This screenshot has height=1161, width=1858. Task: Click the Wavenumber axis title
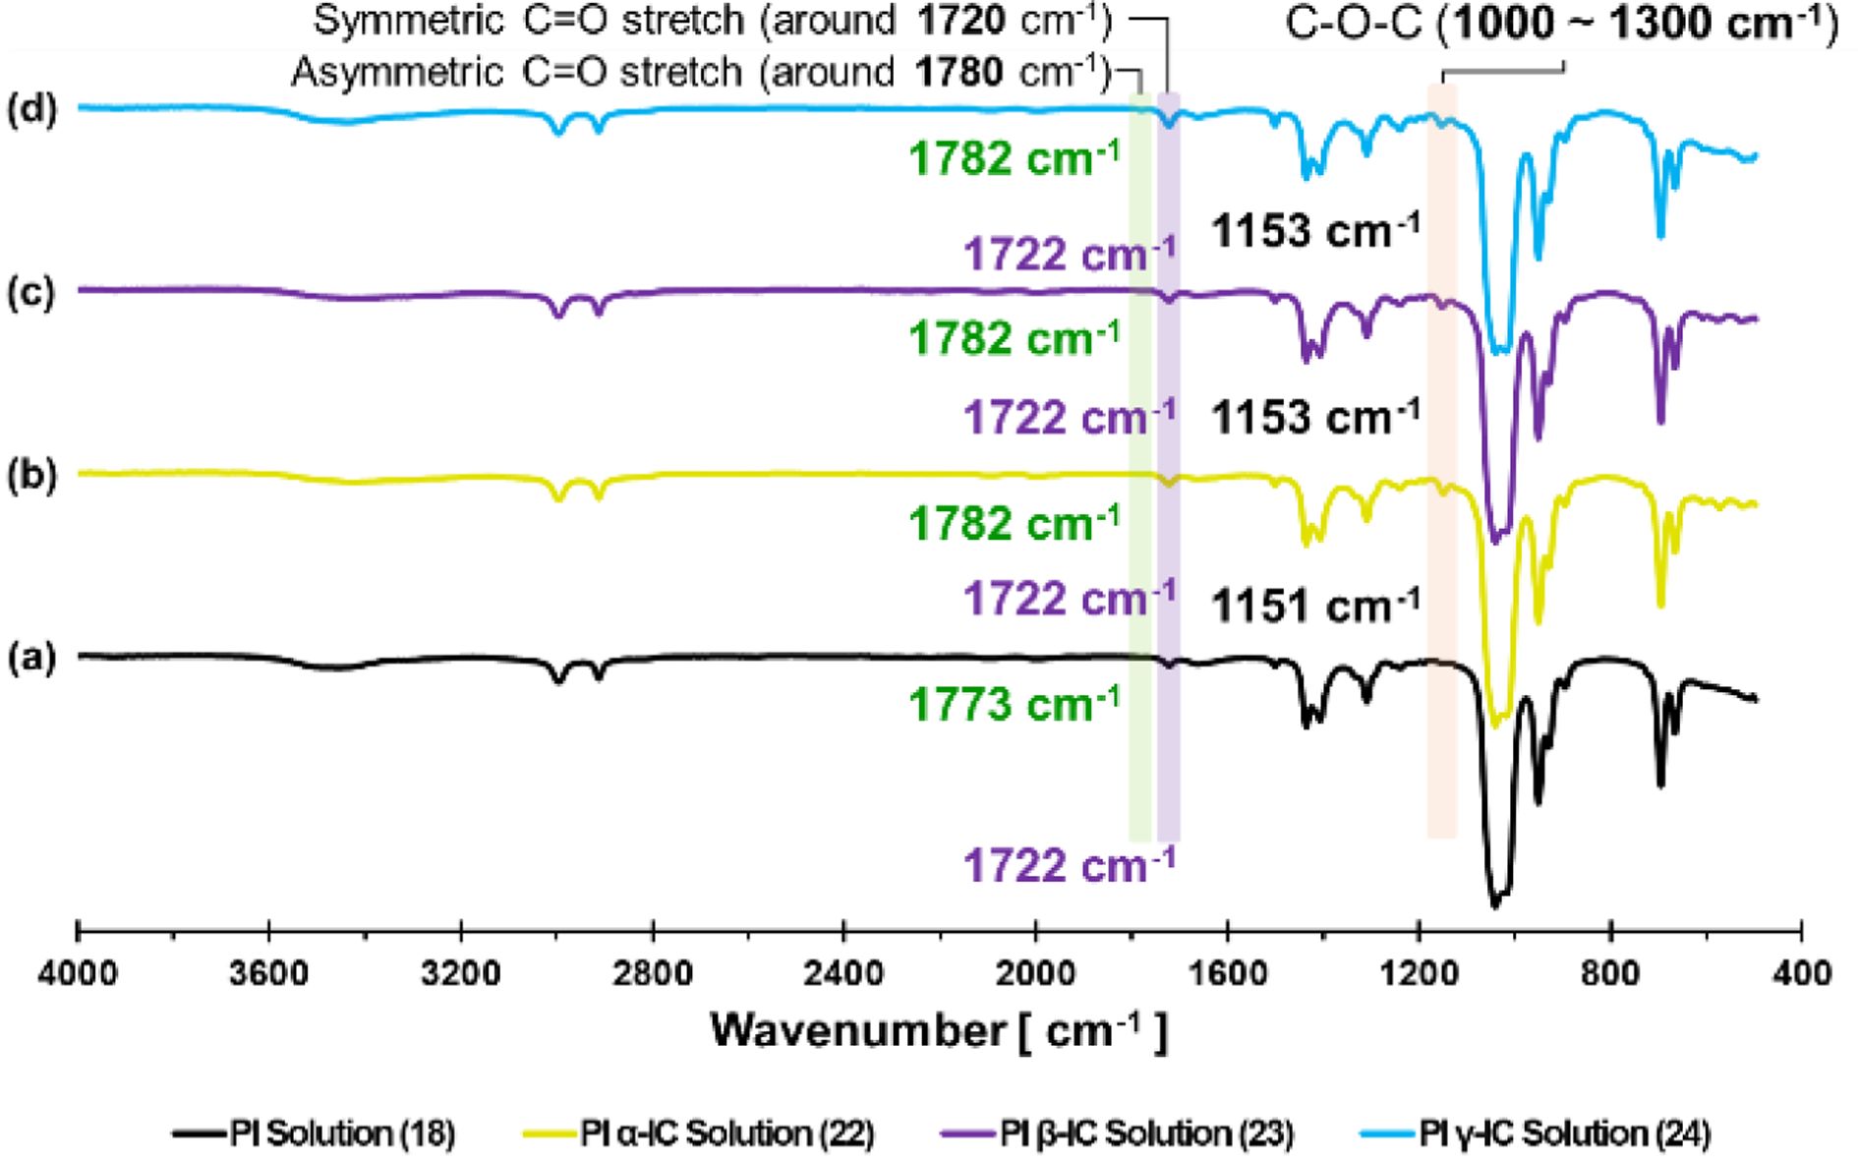[x=939, y=1031]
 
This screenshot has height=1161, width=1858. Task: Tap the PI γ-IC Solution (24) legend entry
[x=1565, y=1133]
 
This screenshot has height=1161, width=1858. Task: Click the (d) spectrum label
[x=33, y=107]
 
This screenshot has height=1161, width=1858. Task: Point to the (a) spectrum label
[x=33, y=657]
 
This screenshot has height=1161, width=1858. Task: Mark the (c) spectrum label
[x=33, y=292]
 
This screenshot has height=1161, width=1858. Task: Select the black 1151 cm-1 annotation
[x=1315, y=606]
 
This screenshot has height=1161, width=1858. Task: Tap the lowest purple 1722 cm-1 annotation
[x=1070, y=865]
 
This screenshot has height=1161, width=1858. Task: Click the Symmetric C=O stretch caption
[x=713, y=21]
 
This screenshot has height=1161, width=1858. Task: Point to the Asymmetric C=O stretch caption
[x=700, y=72]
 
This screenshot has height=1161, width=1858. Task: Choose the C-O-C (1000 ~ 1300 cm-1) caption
[x=1561, y=24]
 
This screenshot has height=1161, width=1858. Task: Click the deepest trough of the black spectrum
[x=1495, y=902]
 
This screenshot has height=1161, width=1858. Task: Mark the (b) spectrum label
[x=33, y=475]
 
